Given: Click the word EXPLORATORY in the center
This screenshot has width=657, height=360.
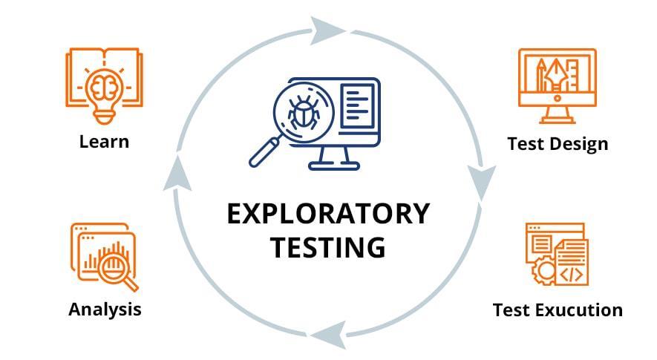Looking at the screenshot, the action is (x=327, y=214).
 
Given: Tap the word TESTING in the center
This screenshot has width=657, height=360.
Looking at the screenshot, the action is (x=327, y=246).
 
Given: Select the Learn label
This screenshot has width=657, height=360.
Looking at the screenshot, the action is (x=104, y=141).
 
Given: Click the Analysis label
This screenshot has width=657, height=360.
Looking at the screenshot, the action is (x=105, y=309).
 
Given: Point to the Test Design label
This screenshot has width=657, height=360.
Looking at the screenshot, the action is (x=558, y=143).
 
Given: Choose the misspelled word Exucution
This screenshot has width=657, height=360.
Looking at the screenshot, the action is (x=583, y=310).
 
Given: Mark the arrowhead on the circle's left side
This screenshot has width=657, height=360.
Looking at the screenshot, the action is (x=174, y=176).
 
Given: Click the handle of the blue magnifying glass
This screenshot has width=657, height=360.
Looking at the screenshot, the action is (x=263, y=154).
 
